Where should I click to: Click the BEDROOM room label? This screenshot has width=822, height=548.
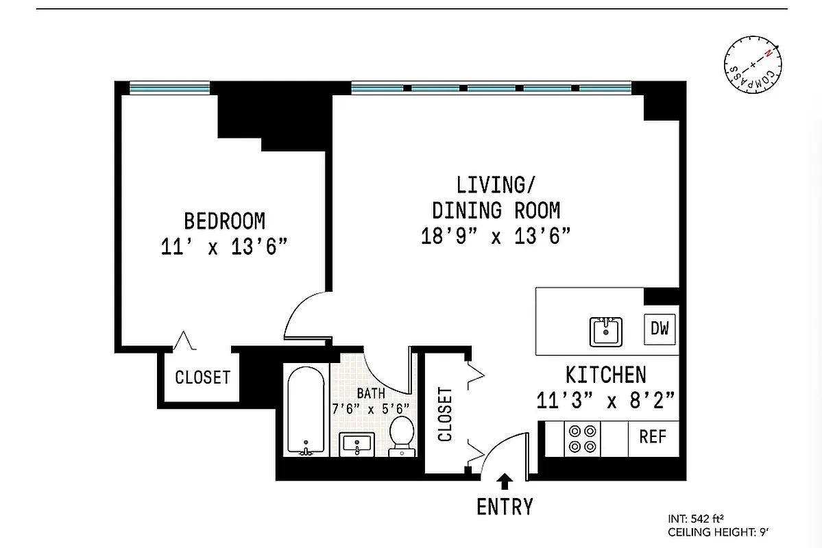point(224,221)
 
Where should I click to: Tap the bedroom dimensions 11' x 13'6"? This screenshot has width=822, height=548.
point(223,247)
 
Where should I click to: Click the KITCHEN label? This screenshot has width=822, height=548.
point(605,375)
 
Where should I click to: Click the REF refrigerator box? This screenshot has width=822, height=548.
point(653,437)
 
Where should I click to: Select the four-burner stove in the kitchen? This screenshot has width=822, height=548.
point(582,438)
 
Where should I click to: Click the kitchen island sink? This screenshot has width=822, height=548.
point(606,332)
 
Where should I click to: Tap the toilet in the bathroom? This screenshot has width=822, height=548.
point(402,436)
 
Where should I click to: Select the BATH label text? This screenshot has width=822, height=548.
point(370,393)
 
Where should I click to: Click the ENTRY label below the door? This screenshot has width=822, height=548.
point(505,507)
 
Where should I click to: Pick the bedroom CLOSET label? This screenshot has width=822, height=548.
point(202,377)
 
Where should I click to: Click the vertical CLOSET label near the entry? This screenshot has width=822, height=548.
point(446,414)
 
